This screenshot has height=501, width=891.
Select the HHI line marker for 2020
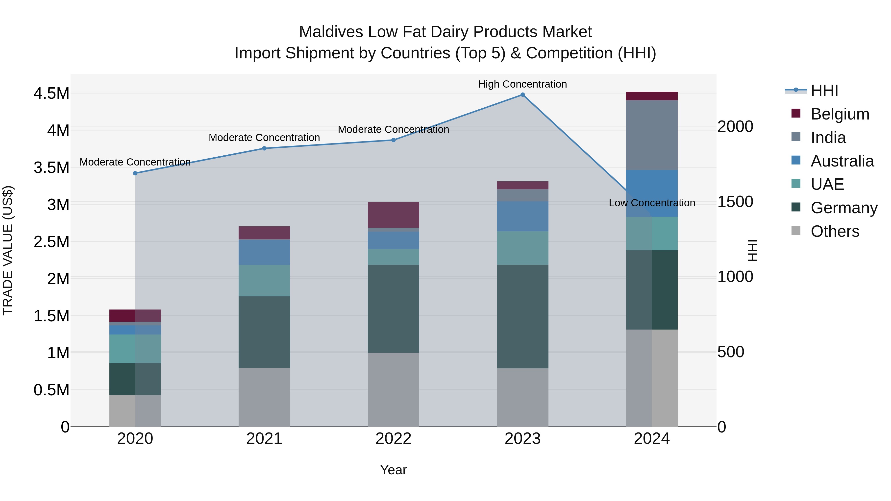[x=135, y=173]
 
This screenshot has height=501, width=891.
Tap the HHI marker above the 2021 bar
[x=264, y=148]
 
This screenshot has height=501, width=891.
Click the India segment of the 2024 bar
[x=652, y=135]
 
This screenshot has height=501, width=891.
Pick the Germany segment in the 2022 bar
[x=393, y=309]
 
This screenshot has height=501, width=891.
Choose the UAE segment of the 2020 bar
[x=135, y=349]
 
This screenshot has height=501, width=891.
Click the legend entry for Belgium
[x=840, y=114]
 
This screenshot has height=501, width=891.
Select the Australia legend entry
[x=842, y=161]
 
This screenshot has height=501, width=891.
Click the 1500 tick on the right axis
[x=735, y=202]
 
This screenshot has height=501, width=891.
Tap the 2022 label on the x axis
[x=393, y=439]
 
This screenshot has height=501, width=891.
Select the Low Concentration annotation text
[x=652, y=203]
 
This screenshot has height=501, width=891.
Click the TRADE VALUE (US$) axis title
[x=8, y=250]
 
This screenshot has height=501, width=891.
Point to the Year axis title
[x=393, y=470]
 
